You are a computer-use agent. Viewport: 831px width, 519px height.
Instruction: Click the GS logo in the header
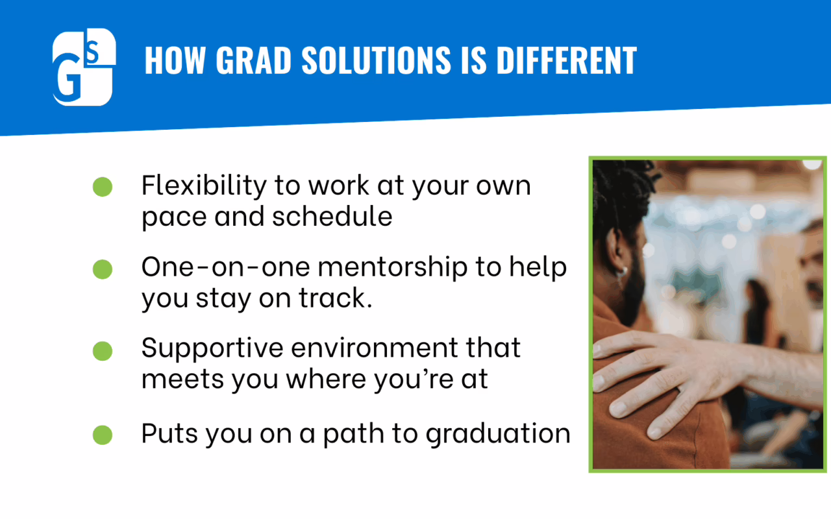(84, 67)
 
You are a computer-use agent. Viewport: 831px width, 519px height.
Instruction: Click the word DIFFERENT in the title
(567, 60)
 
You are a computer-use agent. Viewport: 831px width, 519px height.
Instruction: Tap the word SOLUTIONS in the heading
(376, 60)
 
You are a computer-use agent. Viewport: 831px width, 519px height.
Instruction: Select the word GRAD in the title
(253, 60)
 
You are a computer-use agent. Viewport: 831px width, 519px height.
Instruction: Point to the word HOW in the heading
(175, 60)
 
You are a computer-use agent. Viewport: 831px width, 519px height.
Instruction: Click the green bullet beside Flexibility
(103, 186)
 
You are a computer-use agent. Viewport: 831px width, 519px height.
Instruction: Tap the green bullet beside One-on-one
(103, 269)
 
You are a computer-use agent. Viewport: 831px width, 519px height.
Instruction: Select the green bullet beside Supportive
(103, 351)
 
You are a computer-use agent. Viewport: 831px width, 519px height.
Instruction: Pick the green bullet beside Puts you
(103, 435)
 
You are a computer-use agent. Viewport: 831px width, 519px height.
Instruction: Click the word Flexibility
(204, 186)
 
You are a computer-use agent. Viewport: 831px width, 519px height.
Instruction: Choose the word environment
(375, 348)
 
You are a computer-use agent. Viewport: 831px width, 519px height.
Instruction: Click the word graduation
(498, 435)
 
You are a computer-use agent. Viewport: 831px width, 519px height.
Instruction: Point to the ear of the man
(617, 252)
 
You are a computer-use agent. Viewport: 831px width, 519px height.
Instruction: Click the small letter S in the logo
(93, 52)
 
